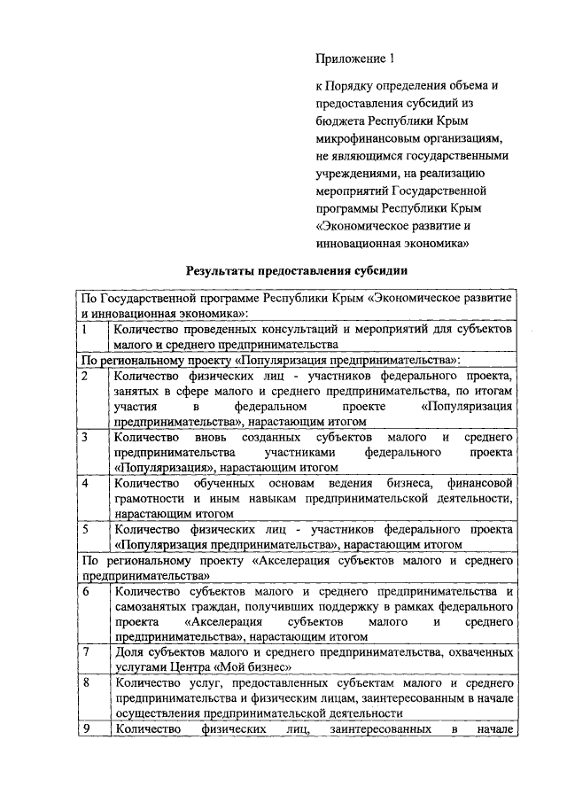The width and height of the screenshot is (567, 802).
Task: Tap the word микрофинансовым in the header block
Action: tap(363, 139)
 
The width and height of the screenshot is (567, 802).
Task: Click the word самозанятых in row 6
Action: tap(151, 606)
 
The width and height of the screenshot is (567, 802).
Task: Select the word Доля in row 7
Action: tap(129, 652)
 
